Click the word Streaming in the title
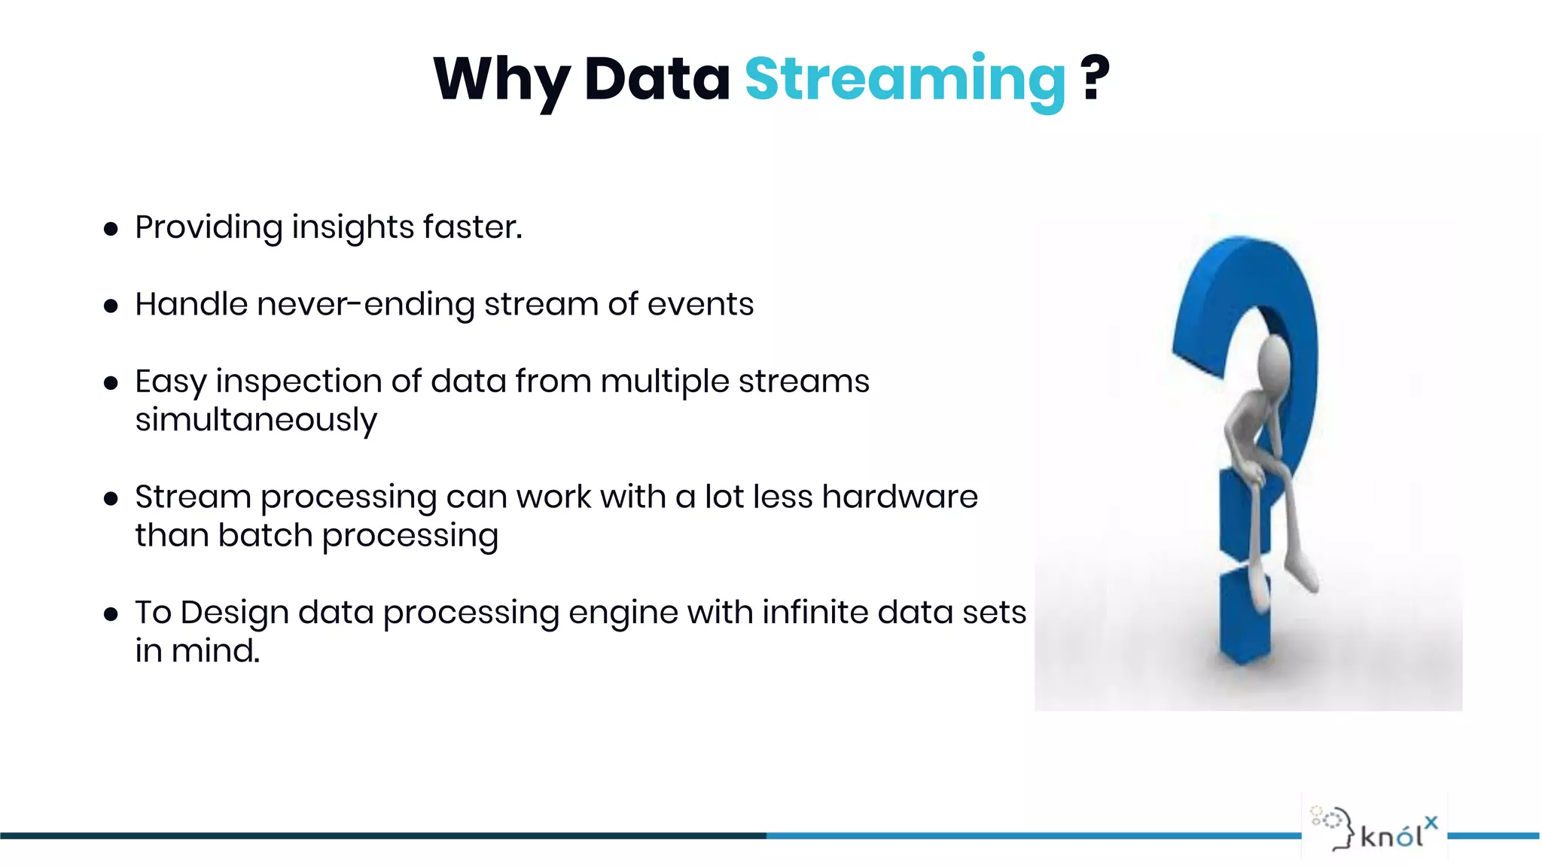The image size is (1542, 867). click(904, 79)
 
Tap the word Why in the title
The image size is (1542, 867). click(501, 79)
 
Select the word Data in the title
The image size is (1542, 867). click(657, 79)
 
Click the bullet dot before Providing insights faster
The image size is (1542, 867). click(111, 229)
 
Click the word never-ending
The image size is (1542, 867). click(366, 304)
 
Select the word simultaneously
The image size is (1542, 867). click(256, 421)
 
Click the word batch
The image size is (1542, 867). click(265, 536)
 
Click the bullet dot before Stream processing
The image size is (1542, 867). click(111, 498)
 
